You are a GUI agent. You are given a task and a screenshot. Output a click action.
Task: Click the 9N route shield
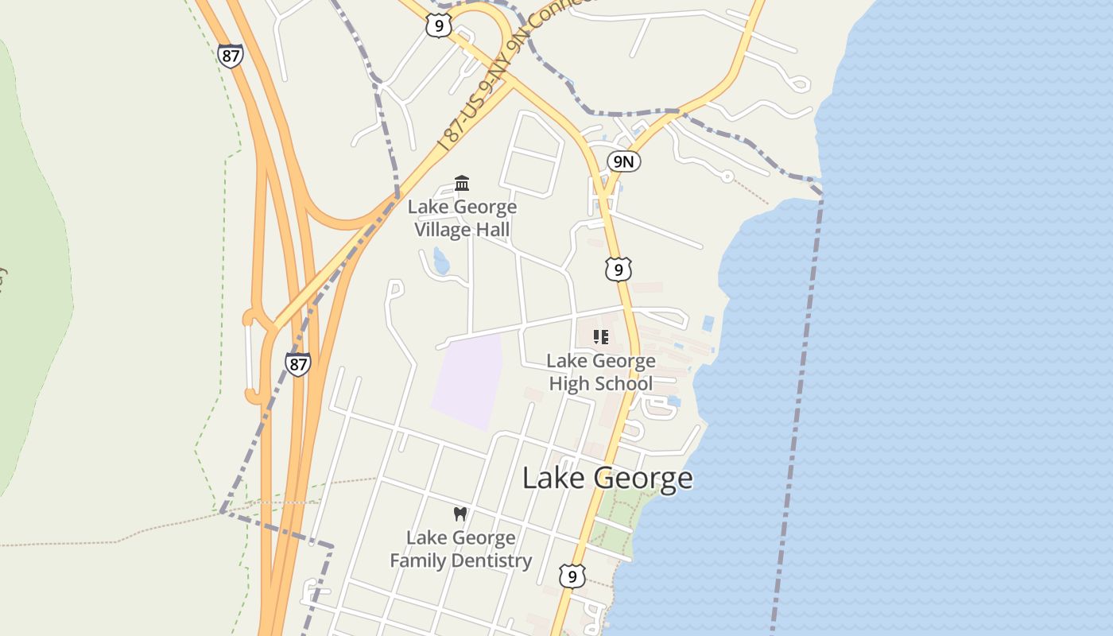624,162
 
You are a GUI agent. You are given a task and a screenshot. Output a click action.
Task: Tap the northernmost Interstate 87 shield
230,55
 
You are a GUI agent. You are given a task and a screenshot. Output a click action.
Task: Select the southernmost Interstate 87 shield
297,365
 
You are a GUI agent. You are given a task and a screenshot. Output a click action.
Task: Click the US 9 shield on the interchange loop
438,25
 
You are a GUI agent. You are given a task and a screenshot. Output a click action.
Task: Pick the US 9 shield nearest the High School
618,270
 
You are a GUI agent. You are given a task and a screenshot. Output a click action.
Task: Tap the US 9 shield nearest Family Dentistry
572,576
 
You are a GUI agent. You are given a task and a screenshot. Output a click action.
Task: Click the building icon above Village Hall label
462,184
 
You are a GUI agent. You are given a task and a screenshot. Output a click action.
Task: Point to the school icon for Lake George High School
601,337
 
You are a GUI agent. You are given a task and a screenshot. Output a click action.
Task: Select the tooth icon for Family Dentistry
460,514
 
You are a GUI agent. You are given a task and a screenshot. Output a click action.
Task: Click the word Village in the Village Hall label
442,230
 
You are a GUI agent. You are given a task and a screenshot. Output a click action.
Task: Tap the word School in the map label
626,384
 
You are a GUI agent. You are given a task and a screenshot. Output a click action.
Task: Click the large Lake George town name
607,479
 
